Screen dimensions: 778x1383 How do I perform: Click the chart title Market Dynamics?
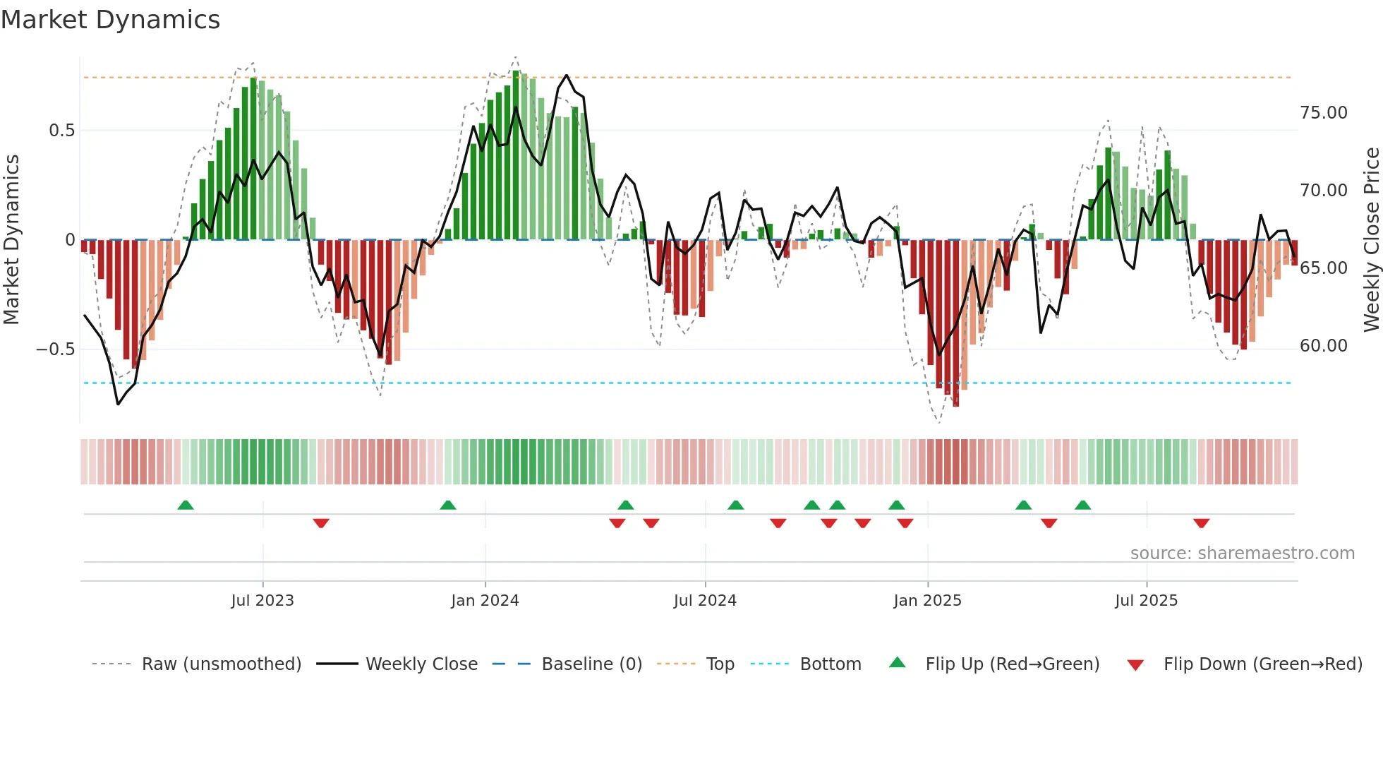click(110, 20)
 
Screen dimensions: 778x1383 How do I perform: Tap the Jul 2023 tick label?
click(262, 601)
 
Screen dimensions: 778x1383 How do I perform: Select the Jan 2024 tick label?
click(485, 601)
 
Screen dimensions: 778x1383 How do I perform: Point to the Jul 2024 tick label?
click(705, 601)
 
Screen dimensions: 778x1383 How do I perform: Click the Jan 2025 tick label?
click(927, 601)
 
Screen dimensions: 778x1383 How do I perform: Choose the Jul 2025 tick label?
click(1146, 601)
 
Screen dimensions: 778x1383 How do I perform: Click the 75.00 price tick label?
click(1323, 113)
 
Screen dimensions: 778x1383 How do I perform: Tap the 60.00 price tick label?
click(1323, 346)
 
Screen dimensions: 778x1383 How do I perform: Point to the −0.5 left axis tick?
click(55, 349)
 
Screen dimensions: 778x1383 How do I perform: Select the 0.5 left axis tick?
click(61, 131)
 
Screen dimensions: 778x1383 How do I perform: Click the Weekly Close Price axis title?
click(1371, 239)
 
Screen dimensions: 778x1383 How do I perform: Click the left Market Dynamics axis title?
click(11, 239)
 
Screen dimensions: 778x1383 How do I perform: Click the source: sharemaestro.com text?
click(1242, 553)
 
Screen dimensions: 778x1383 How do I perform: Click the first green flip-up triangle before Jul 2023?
click(186, 505)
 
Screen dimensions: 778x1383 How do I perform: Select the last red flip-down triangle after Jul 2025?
click(1201, 523)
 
